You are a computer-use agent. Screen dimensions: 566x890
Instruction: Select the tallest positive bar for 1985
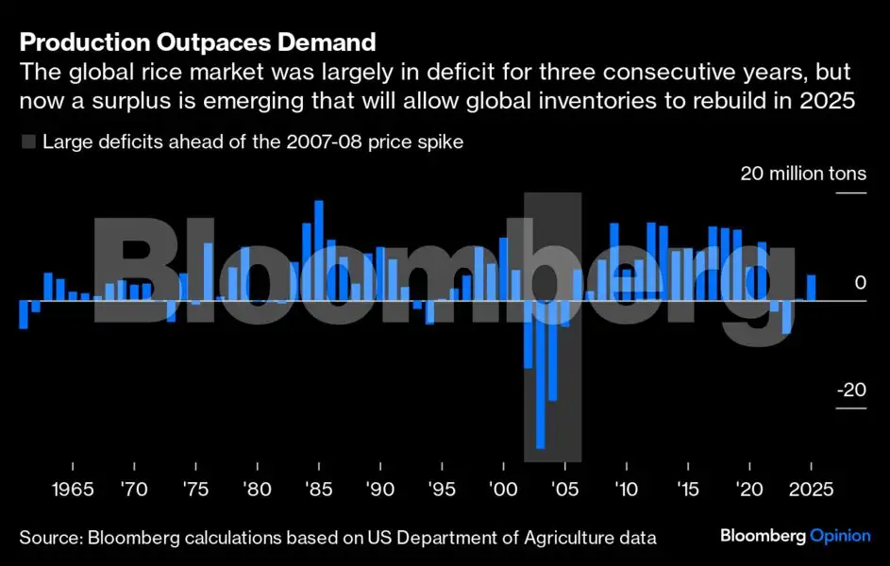pos(319,250)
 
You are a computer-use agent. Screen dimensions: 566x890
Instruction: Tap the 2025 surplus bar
pos(812,288)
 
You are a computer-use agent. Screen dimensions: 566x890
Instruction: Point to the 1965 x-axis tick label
pos(72,491)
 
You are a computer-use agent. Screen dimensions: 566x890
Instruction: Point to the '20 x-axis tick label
pos(749,491)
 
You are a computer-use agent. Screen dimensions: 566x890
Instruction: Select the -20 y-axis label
pos(849,390)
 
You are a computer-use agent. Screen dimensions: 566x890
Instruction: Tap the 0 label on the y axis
pos(859,282)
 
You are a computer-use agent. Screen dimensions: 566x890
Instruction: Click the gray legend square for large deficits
pos(28,142)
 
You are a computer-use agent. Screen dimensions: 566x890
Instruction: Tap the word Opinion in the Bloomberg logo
pos(840,536)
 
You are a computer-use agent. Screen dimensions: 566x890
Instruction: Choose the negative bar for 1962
pos(24,315)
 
